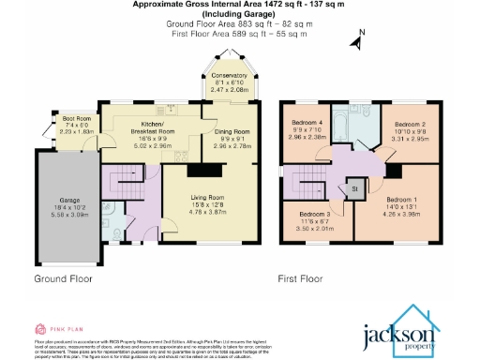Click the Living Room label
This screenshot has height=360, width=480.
209,198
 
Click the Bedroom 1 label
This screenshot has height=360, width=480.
401,198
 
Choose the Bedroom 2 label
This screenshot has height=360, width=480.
410,125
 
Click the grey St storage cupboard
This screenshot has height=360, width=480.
354,189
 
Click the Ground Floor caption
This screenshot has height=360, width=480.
65,279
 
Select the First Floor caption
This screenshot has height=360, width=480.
300,279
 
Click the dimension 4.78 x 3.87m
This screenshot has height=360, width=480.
209,213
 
